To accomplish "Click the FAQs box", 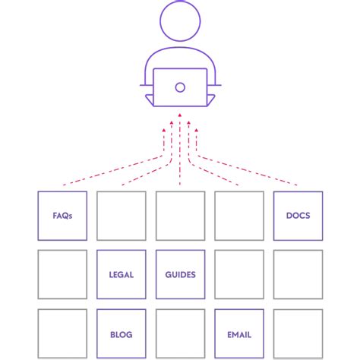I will (x=62, y=216).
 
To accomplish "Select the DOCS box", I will (x=298, y=216).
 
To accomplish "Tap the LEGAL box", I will (x=122, y=274).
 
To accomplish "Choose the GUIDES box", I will (x=180, y=274).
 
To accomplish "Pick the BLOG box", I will (x=122, y=333).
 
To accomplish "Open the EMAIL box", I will (x=239, y=333).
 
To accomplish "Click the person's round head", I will (x=180, y=22).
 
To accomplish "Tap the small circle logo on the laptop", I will (x=180, y=87).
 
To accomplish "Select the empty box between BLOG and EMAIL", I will (x=180, y=333).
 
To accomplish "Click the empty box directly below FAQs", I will (x=62, y=274).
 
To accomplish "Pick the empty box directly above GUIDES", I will (x=180, y=216).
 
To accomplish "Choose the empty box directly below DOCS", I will (x=298, y=274).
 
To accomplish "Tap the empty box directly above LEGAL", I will (x=122, y=216).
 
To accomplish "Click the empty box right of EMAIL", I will (x=298, y=333).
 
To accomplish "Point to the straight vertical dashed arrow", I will (x=180, y=152).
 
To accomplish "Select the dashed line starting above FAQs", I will (x=114, y=171).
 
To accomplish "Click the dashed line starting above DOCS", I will (x=247, y=171).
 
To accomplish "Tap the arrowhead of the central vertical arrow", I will (x=180, y=116).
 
